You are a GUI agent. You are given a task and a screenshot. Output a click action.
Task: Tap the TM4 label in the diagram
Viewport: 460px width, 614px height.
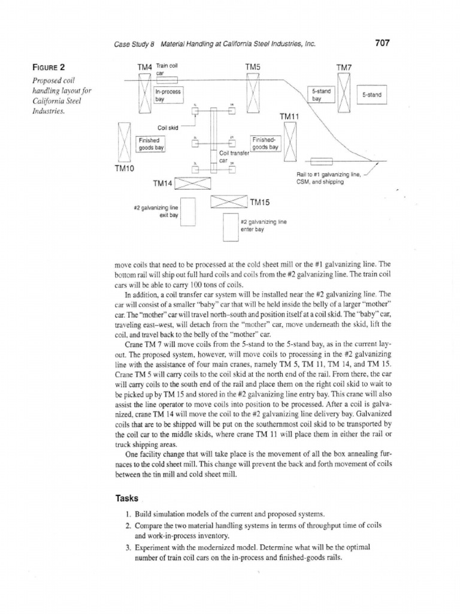(144, 67)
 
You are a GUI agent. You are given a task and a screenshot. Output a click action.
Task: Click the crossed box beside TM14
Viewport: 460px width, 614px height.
(190, 183)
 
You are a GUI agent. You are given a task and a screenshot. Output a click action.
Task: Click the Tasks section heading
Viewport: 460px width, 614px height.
(126, 498)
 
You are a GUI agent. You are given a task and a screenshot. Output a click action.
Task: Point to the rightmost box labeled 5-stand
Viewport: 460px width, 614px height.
(371, 95)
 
